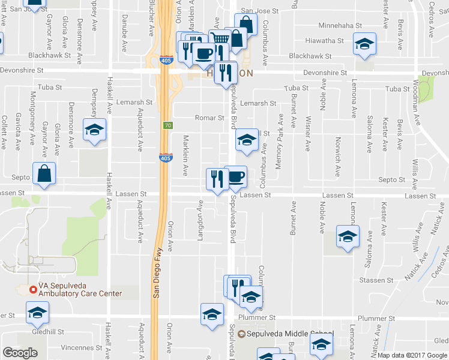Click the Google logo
click(x=20, y=353)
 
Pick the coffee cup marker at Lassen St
click(x=236, y=176)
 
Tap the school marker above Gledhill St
click(x=37, y=313)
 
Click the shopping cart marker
click(x=220, y=39)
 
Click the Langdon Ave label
click(x=201, y=225)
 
